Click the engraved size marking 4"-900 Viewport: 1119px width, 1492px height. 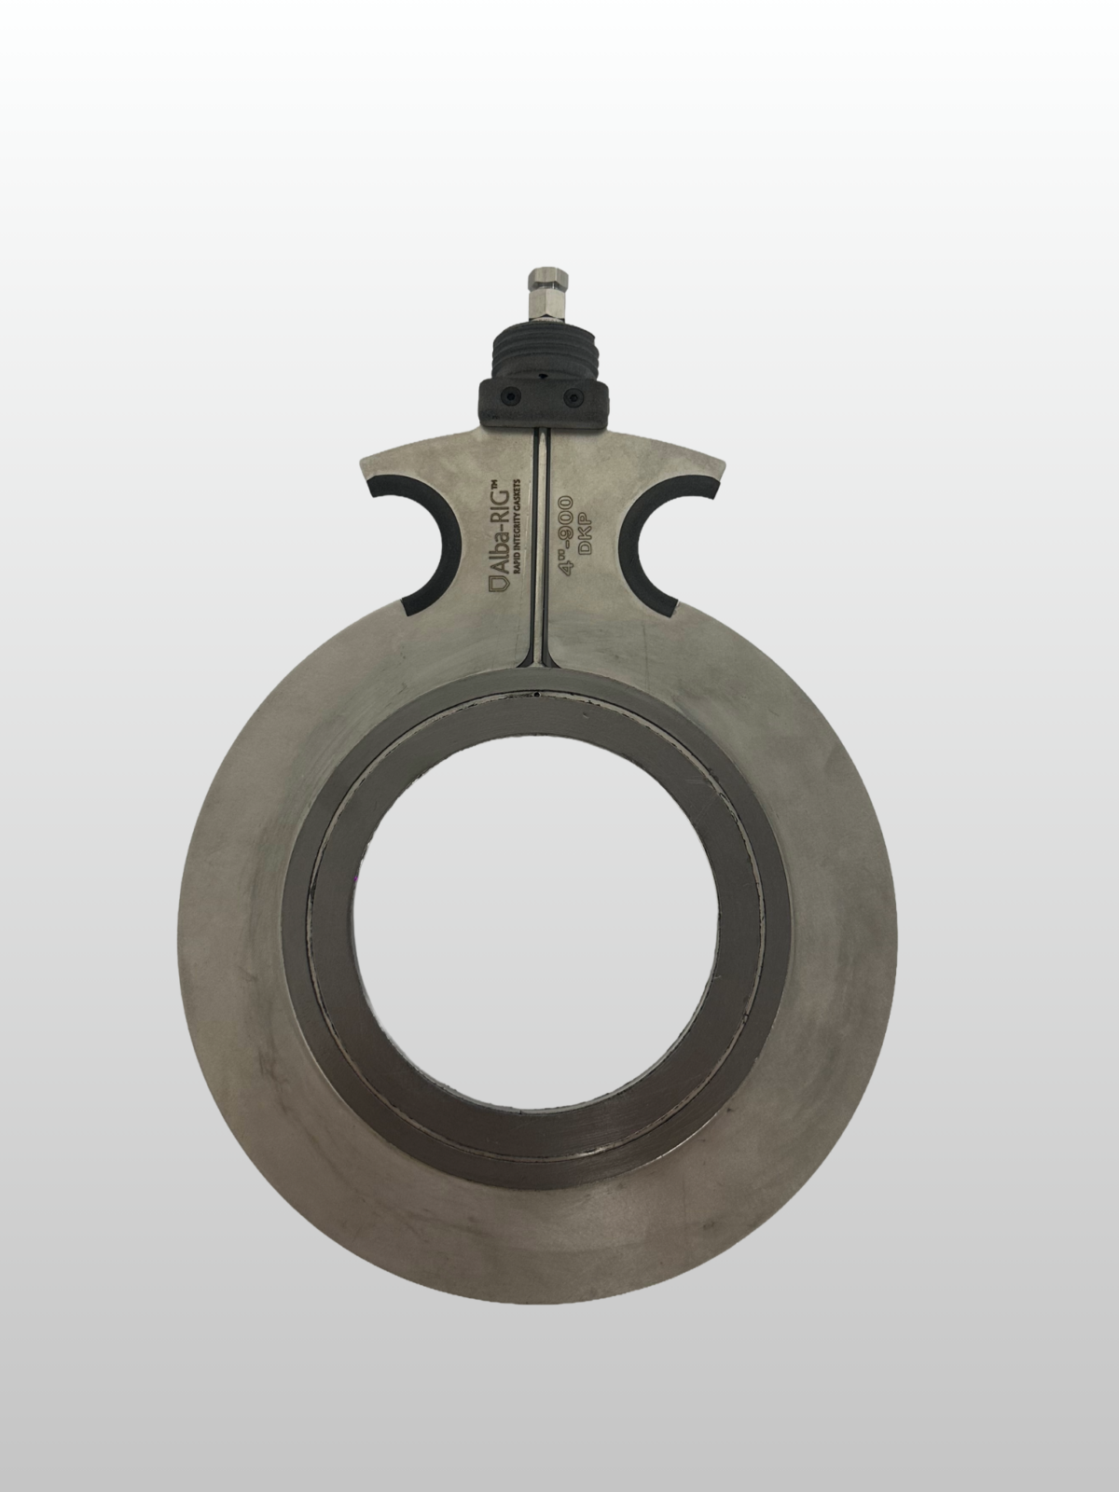pyautogui.click(x=564, y=537)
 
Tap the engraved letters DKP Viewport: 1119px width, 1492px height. pyautogui.click(x=585, y=538)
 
